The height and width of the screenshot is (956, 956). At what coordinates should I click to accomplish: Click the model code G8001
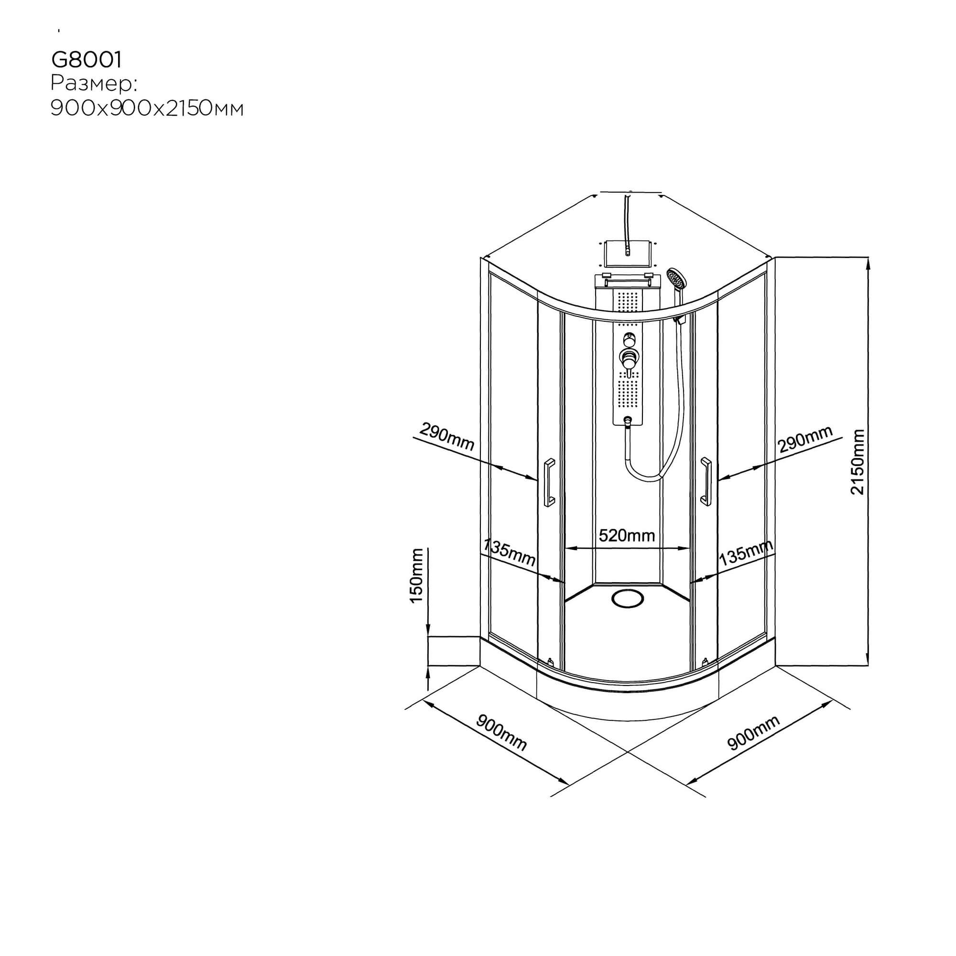point(87,60)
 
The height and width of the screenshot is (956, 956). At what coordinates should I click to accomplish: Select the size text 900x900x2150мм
point(147,109)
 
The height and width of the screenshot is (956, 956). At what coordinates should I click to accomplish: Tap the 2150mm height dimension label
point(857,462)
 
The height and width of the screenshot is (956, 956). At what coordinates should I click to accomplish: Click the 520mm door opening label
point(627,535)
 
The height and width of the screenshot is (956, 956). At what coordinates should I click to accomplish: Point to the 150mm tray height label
point(416,576)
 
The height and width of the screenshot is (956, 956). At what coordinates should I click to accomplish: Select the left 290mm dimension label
point(447,437)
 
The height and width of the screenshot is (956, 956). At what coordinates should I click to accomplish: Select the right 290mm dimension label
point(805,439)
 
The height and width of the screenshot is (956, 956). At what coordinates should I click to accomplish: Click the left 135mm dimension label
point(509,553)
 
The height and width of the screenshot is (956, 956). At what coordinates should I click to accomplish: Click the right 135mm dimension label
point(746,552)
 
